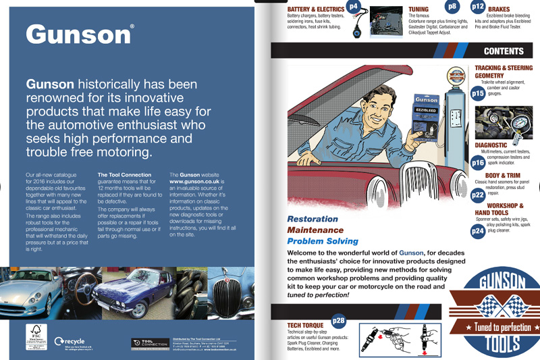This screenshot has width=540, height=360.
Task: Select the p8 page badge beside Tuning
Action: (452, 7)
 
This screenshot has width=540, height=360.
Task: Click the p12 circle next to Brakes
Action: (478, 6)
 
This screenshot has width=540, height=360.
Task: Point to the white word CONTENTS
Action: (504, 51)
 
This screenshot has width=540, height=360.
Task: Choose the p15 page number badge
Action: (478, 93)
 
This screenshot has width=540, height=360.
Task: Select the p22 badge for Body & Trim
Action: (478, 195)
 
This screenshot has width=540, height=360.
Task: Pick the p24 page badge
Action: (478, 231)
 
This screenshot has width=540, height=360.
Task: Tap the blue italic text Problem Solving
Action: (323, 241)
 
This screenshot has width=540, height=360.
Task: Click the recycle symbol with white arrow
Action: (60, 342)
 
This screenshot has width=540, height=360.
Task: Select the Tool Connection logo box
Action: (149, 343)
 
